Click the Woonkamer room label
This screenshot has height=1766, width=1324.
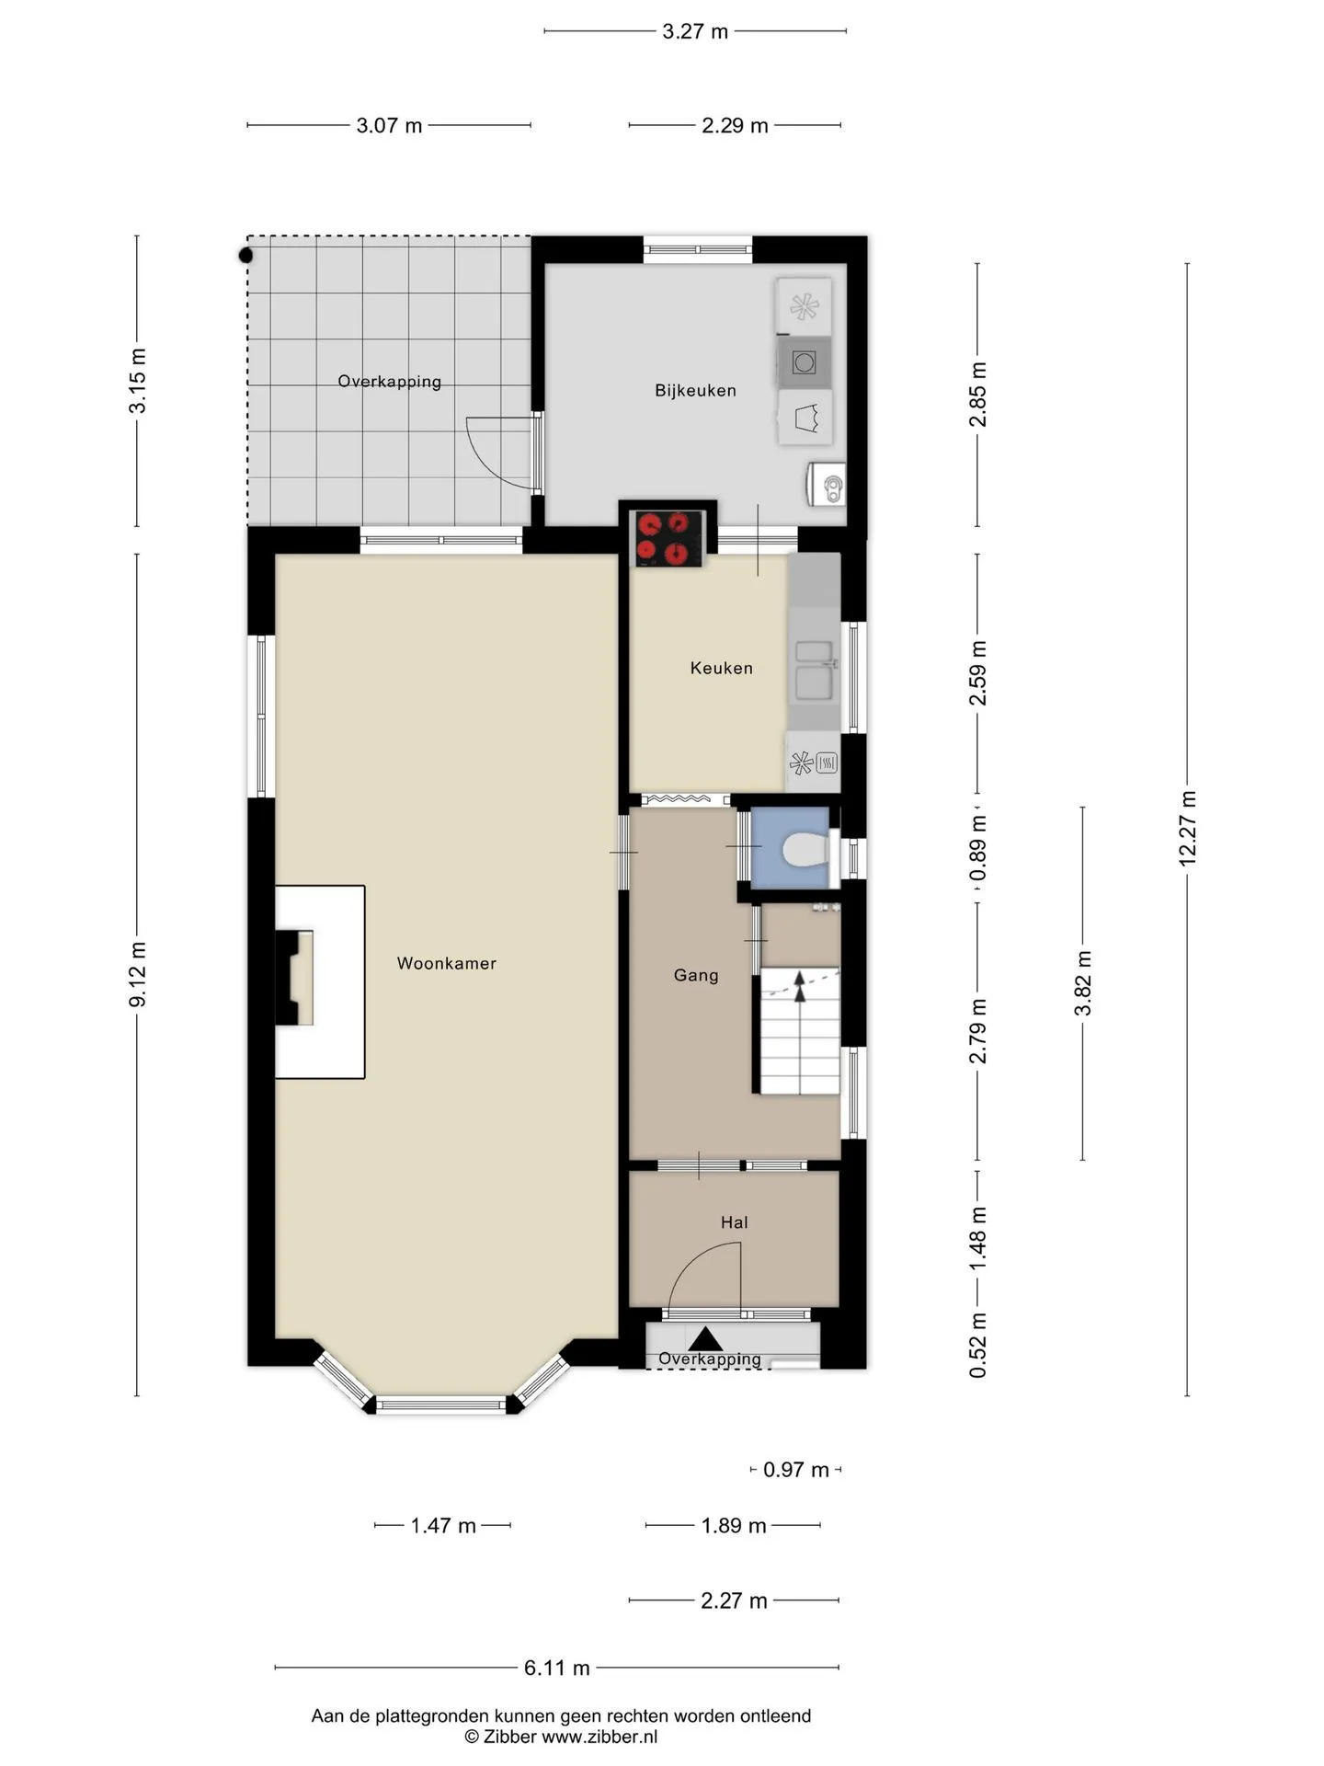(446, 963)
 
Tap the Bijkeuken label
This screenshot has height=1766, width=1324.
(695, 390)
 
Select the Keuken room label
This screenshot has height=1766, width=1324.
(722, 668)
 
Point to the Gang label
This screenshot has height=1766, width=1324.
(696, 975)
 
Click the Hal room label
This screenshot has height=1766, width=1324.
(734, 1222)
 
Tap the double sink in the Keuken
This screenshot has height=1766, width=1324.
(816, 670)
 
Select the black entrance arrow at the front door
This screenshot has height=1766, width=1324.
(705, 1338)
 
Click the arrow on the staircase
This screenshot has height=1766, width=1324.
(799, 986)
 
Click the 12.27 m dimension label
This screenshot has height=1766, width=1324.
(1187, 828)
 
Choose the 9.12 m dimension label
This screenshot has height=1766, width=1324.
(137, 974)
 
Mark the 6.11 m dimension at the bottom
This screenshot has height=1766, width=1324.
(557, 1668)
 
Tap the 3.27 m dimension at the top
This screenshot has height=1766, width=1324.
(695, 31)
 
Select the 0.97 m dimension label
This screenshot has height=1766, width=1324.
(796, 1470)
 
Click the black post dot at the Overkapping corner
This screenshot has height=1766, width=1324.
(245, 256)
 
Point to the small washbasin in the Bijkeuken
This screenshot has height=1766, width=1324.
(827, 484)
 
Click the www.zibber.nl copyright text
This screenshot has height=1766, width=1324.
(599, 1737)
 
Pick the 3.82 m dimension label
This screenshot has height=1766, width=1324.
(1083, 983)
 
